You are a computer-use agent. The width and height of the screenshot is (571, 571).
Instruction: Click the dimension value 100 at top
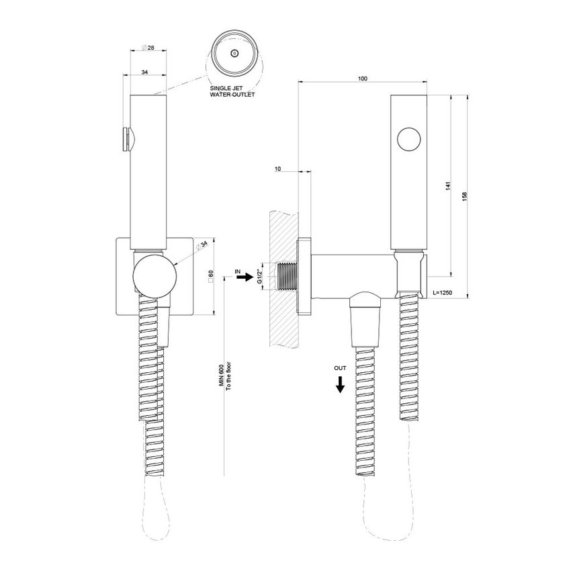362,79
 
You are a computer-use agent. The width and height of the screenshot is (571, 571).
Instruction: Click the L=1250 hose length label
445,293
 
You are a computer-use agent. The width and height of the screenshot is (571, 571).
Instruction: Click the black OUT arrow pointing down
341,384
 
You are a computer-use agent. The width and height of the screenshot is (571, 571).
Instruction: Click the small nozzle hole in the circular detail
234,53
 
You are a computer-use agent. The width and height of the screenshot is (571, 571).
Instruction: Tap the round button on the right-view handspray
408,141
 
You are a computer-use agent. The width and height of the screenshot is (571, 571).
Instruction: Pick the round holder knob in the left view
155,275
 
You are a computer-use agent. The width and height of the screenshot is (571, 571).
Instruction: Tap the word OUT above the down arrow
341,368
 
